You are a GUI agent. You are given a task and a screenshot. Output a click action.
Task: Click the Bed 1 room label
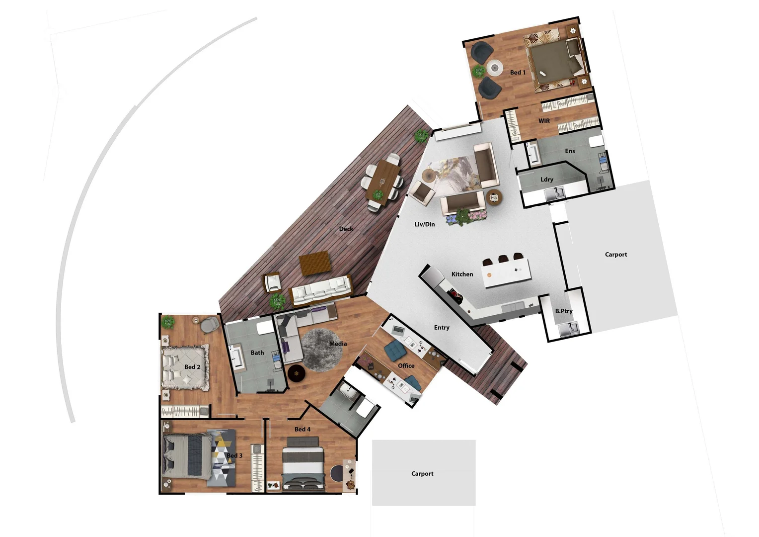pyautogui.click(x=517, y=73)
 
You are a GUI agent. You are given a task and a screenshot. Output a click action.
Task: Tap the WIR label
pyautogui.click(x=544, y=121)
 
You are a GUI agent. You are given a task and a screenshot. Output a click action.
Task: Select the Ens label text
pyautogui.click(x=570, y=151)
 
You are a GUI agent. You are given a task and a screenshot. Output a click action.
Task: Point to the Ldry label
pyautogui.click(x=546, y=179)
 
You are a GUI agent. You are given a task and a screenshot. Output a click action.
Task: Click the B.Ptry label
pyautogui.click(x=564, y=311)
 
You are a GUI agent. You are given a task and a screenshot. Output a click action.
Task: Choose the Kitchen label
pyautogui.click(x=462, y=274)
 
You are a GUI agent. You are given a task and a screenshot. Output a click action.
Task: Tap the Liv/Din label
pyautogui.click(x=424, y=225)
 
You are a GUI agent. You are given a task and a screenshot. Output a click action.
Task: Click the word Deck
pyautogui.click(x=346, y=229)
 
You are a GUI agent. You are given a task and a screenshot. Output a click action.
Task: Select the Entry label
pyautogui.click(x=441, y=328)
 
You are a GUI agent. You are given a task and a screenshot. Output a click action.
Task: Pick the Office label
pyautogui.click(x=406, y=366)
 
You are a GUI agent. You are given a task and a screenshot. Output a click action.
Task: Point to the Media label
pyautogui.click(x=338, y=344)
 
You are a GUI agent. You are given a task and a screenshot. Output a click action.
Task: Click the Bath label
pyautogui.click(x=257, y=353)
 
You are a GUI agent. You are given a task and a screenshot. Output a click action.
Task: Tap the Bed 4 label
pyautogui.click(x=302, y=430)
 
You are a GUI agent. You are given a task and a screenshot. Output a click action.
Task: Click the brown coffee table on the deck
pyautogui.click(x=315, y=263)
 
